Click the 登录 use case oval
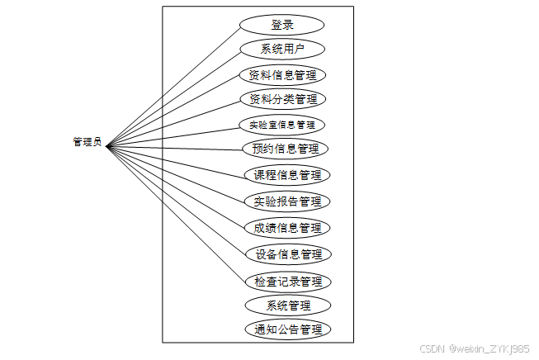[x=281, y=25]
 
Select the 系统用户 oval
[x=281, y=49]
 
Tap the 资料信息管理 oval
[x=282, y=74]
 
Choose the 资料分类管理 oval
[x=282, y=99]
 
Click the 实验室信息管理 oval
[x=282, y=126]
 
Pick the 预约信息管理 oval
[x=285, y=149]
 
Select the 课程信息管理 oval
[x=287, y=175]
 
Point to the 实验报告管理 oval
[x=287, y=201]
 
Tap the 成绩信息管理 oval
[x=287, y=227]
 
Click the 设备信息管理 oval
[x=288, y=253]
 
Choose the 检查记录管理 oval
[x=288, y=281]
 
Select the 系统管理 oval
[x=288, y=306]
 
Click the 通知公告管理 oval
[x=288, y=329]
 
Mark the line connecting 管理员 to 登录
[x=173, y=86]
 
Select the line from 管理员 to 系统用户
[x=173, y=97]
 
